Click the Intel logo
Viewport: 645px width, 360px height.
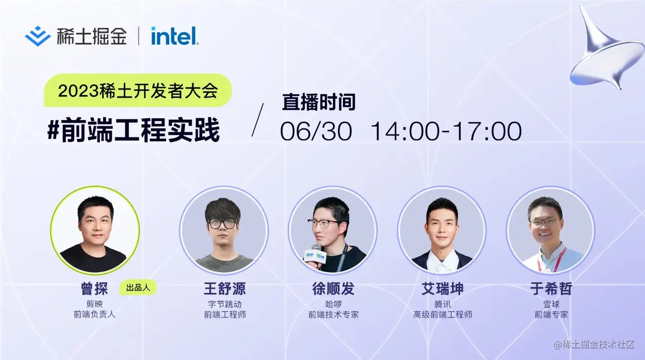174,36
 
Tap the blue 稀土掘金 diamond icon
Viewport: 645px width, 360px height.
38,36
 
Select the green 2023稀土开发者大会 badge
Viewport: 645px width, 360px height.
137,91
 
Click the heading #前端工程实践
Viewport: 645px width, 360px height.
133,130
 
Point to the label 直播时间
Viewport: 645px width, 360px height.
319,102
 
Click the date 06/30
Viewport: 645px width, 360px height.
316,131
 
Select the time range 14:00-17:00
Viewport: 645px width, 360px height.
446,131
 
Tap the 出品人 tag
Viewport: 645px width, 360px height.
138,288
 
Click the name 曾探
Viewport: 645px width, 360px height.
94,289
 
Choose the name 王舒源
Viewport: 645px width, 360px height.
224,289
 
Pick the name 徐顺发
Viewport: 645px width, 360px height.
333,289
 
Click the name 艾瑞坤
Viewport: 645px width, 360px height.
442,289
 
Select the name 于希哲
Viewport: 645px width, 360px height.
551,289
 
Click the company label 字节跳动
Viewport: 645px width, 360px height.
224,304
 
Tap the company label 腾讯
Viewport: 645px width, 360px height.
442,304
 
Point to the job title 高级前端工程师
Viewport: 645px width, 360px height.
442,315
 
